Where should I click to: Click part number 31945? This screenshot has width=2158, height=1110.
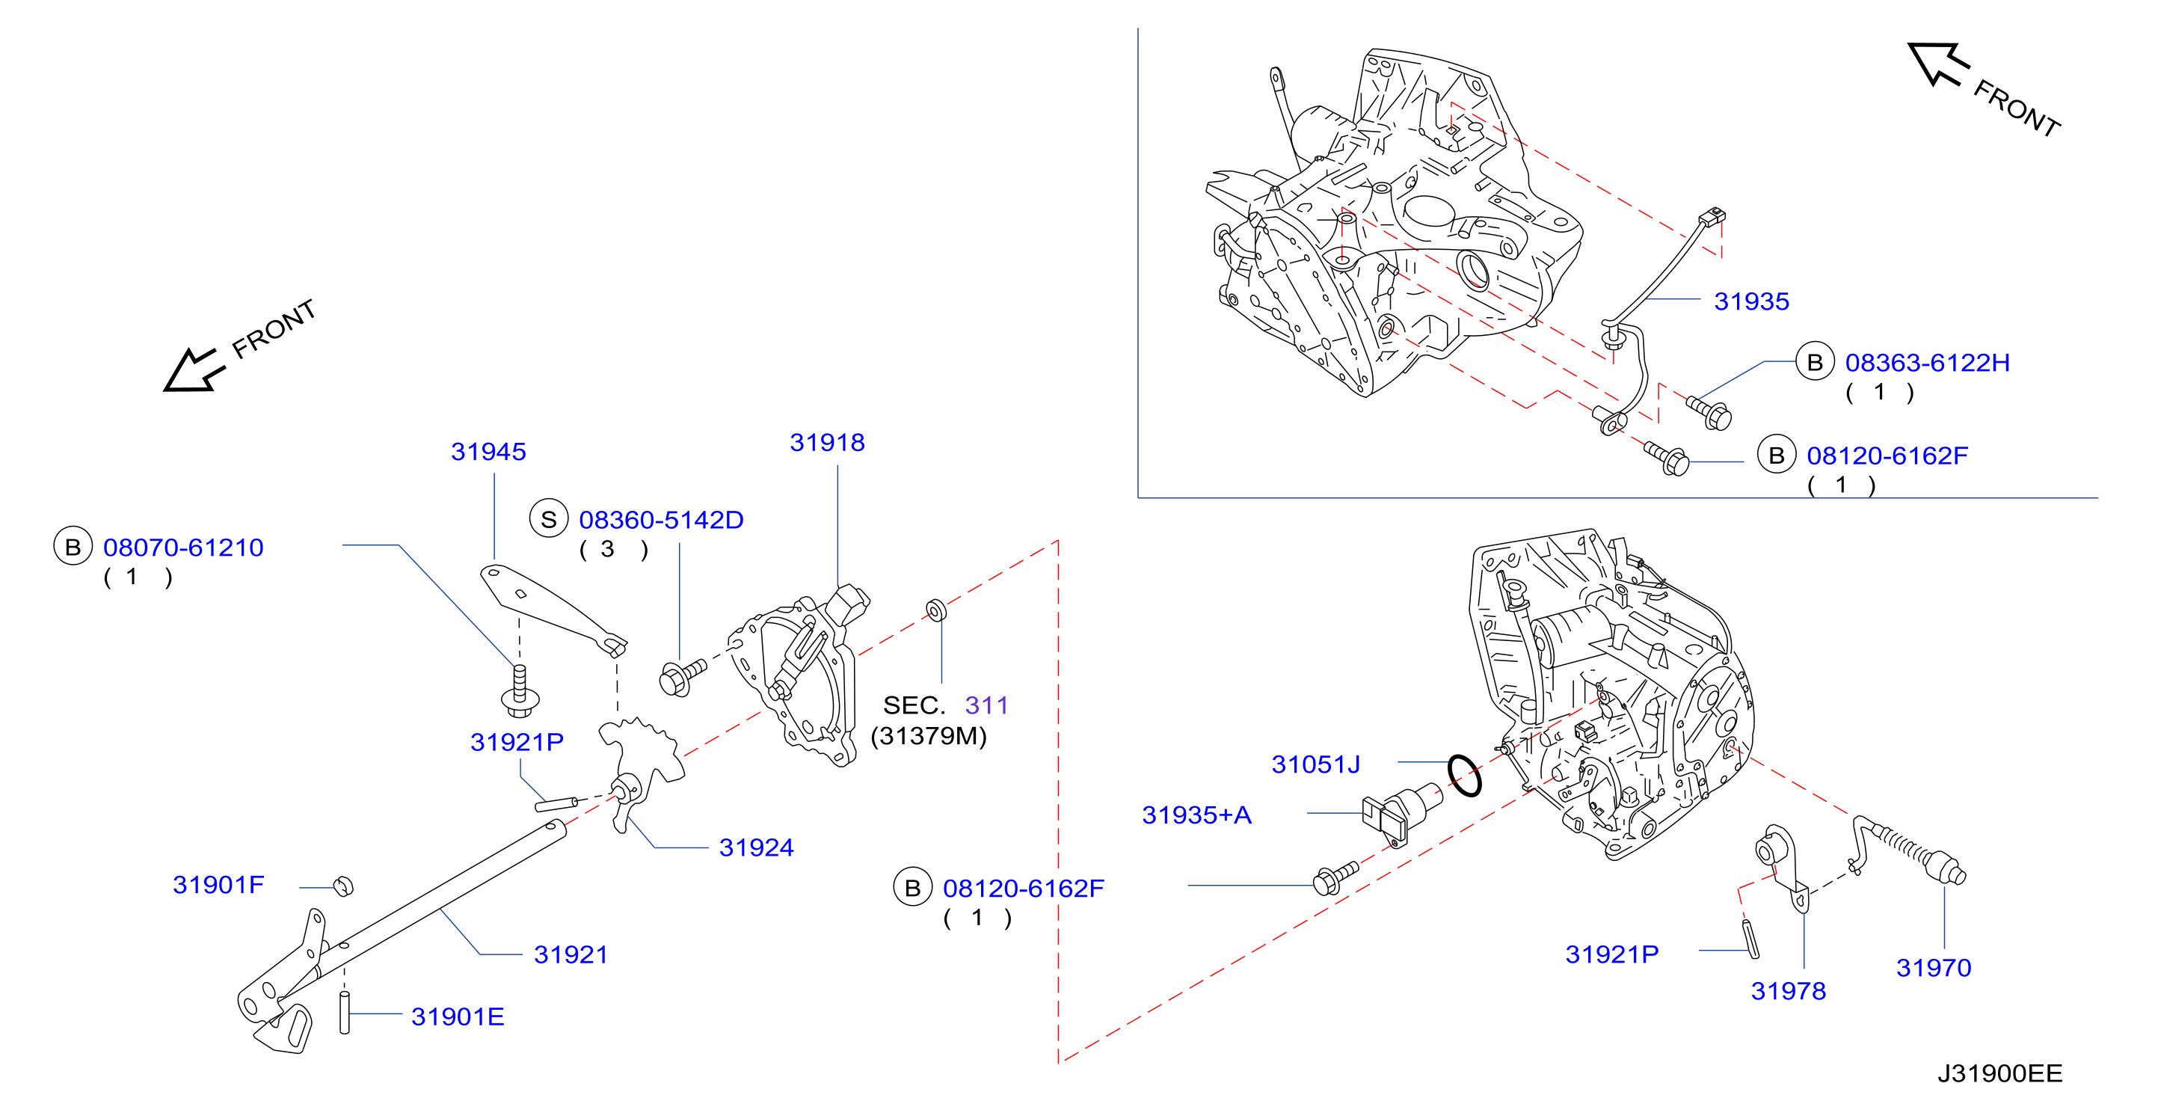pos(488,452)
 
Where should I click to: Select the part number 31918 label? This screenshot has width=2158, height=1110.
pos(827,442)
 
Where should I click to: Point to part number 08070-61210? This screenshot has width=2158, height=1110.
pos(182,547)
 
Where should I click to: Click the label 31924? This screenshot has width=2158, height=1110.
pos(756,847)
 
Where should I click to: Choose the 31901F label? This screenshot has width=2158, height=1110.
pos(218,885)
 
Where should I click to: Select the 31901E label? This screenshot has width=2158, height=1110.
pos(458,1017)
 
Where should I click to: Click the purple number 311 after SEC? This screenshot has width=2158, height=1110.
pos(986,705)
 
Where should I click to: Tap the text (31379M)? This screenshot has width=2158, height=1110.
pos(928,735)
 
